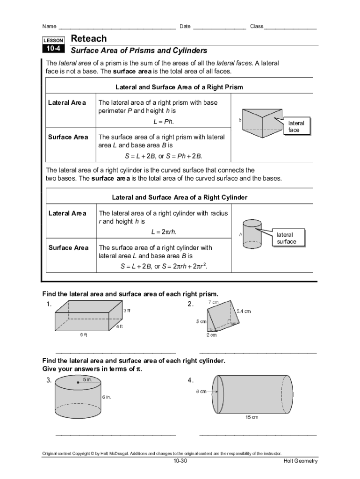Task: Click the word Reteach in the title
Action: click(88, 39)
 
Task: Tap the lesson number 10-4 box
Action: click(54, 49)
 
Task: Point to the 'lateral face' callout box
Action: click(296, 126)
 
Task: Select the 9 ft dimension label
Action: click(82, 335)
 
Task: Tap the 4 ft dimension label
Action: click(120, 327)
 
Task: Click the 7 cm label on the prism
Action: click(214, 303)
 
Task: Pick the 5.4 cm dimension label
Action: click(243, 311)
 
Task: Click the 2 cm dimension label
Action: click(212, 335)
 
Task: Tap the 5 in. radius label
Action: click(88, 380)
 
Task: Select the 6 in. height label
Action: click(107, 397)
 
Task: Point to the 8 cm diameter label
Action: click(201, 392)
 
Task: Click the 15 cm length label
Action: click(252, 417)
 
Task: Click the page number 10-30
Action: click(180, 461)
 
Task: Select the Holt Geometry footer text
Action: click(300, 461)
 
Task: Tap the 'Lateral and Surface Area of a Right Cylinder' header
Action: click(180, 197)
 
